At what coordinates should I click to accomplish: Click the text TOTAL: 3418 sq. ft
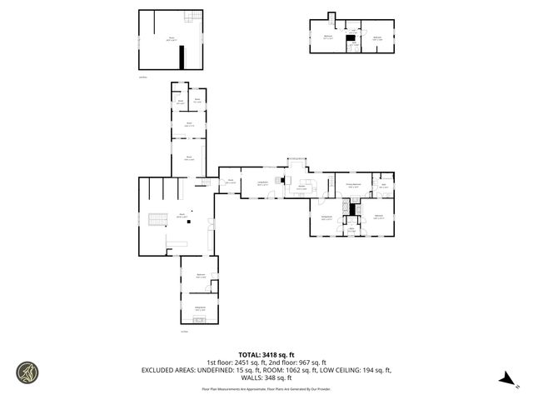tap(266, 354)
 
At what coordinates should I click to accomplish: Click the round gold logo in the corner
tap(27, 372)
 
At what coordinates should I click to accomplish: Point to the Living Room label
tap(262, 183)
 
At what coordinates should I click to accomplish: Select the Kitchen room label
tap(301, 187)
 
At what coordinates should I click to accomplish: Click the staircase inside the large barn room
tap(155, 220)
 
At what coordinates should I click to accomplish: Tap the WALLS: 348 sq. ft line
tap(266, 377)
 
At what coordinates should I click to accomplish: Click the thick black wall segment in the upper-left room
tap(182, 58)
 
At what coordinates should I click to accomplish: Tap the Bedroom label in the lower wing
tap(201, 276)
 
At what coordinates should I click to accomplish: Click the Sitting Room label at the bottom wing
tap(200, 308)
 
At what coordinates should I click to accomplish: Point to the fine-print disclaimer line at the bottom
tap(266, 389)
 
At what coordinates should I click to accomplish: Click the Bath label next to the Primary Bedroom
tap(384, 186)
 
